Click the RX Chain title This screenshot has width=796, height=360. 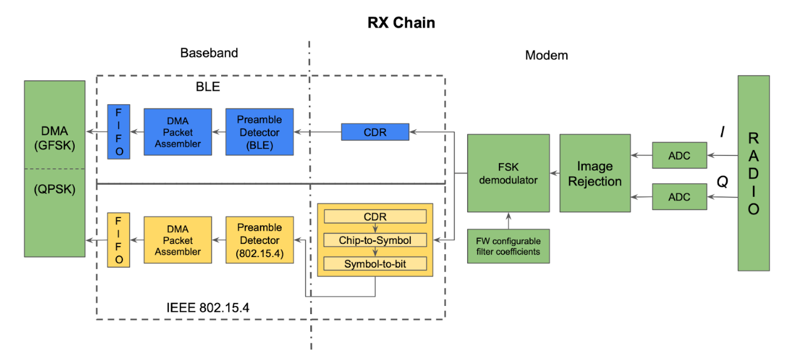tap(401, 24)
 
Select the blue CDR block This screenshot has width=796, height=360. tap(375, 132)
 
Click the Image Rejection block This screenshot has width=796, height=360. tap(595, 173)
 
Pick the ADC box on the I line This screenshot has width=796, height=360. tap(679, 155)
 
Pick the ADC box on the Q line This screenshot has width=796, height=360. tap(679, 197)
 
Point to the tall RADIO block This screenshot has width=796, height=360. tap(753, 173)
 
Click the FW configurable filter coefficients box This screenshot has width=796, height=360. tap(508, 246)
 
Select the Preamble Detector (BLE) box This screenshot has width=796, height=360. tap(259, 132)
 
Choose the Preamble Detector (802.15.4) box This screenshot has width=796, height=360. tap(259, 240)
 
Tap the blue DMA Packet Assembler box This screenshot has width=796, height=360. tap(178, 132)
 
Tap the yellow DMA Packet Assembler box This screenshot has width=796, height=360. tap(178, 240)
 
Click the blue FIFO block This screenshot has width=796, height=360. tap(118, 132)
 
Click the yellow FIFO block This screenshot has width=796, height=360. tap(118, 240)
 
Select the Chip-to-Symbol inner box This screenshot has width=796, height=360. tap(375, 240)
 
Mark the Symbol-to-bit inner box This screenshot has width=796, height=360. tap(375, 264)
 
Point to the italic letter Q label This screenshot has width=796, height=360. tap(722, 182)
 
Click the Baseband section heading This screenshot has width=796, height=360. tap(209, 53)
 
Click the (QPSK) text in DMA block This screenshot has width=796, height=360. tap(54, 189)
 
